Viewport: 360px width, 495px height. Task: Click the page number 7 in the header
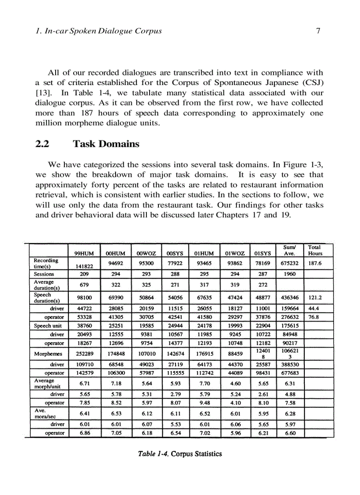click(318, 31)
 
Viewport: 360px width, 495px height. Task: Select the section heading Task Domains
click(106, 144)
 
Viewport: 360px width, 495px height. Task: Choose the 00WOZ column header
click(146, 253)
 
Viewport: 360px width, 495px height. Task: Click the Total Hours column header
click(315, 250)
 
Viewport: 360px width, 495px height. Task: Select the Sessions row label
click(44, 274)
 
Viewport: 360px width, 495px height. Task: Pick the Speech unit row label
click(48, 326)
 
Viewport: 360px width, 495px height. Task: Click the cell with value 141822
click(84, 266)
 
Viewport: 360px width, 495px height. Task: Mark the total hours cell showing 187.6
click(314, 263)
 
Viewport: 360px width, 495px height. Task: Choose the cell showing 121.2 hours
click(314, 297)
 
